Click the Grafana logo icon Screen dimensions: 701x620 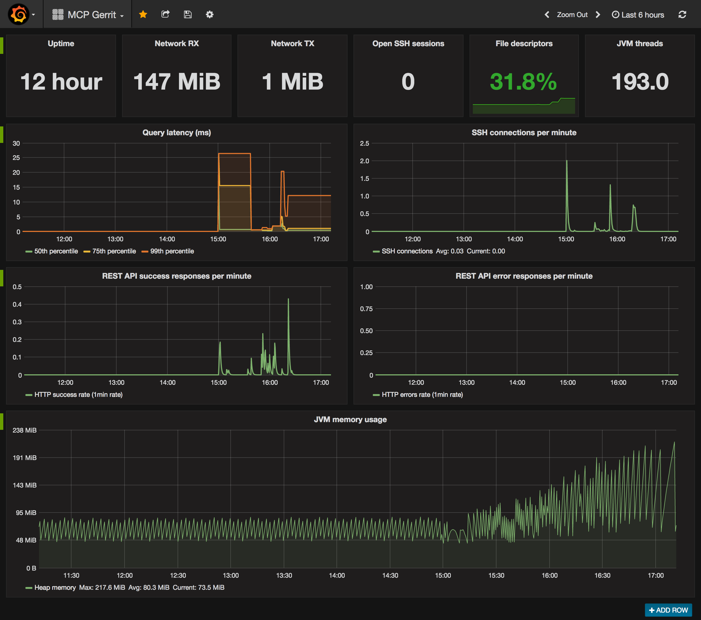coord(18,14)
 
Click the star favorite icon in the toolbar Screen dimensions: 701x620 coord(143,14)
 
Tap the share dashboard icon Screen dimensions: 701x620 coord(165,14)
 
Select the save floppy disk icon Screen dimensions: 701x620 coord(187,14)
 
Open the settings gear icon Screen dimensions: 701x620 coord(209,14)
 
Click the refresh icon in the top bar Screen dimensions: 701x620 coord(682,14)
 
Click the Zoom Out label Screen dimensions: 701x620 coord(572,15)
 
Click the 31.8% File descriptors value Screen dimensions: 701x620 coord(523,82)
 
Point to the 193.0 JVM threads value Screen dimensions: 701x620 coord(640,82)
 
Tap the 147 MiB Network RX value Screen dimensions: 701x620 coord(176,82)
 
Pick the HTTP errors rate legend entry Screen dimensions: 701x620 coord(418,395)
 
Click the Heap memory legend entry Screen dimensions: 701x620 coord(51,587)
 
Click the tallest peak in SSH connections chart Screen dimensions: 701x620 coord(567,160)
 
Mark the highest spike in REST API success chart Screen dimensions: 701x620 coord(288,299)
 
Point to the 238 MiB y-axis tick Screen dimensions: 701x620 coord(24,430)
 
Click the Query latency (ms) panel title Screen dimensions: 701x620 coord(176,133)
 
